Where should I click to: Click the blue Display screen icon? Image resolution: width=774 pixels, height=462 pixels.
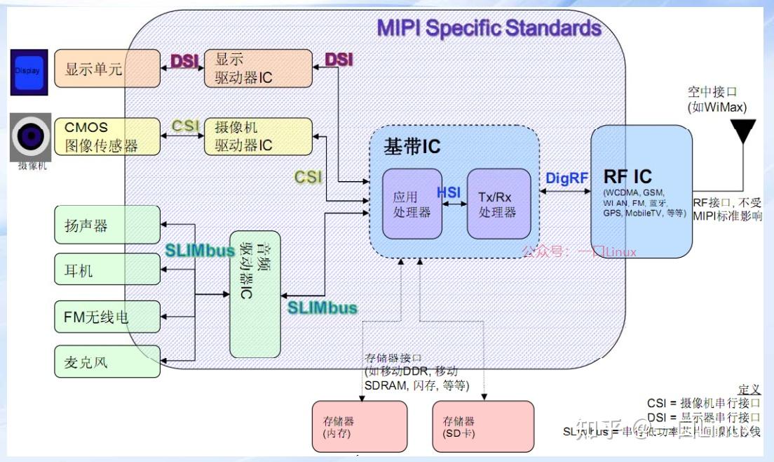pos(29,72)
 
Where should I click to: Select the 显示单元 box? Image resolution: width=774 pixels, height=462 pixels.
pos(107,69)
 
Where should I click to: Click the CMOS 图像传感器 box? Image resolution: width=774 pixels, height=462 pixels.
pos(107,136)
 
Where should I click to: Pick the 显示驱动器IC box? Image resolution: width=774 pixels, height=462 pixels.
pos(258,69)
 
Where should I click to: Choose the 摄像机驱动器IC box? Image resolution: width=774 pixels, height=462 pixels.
pos(258,136)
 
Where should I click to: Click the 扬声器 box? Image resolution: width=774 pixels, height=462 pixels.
pos(107,225)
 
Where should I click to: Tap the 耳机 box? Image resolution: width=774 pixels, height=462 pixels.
pos(107,270)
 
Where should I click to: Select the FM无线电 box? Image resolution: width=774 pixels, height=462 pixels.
pos(107,317)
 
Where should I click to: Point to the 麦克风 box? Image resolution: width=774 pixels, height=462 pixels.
pos(107,362)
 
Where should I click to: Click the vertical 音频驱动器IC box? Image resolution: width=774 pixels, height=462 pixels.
pos(254,292)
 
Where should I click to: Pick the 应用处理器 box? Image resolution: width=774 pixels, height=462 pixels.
pos(412,204)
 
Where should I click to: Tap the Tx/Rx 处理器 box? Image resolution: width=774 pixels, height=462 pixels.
pos(498,204)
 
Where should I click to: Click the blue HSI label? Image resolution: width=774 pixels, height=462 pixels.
pos(449,192)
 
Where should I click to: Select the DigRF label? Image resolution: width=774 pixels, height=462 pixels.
pos(566,178)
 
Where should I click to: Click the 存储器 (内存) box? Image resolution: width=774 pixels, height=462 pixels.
pos(359,427)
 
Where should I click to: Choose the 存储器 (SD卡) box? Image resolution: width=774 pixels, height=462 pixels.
pos(482,427)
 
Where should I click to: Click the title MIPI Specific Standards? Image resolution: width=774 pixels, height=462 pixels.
pos(489,28)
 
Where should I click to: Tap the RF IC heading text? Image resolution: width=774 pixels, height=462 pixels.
pos(627,177)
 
